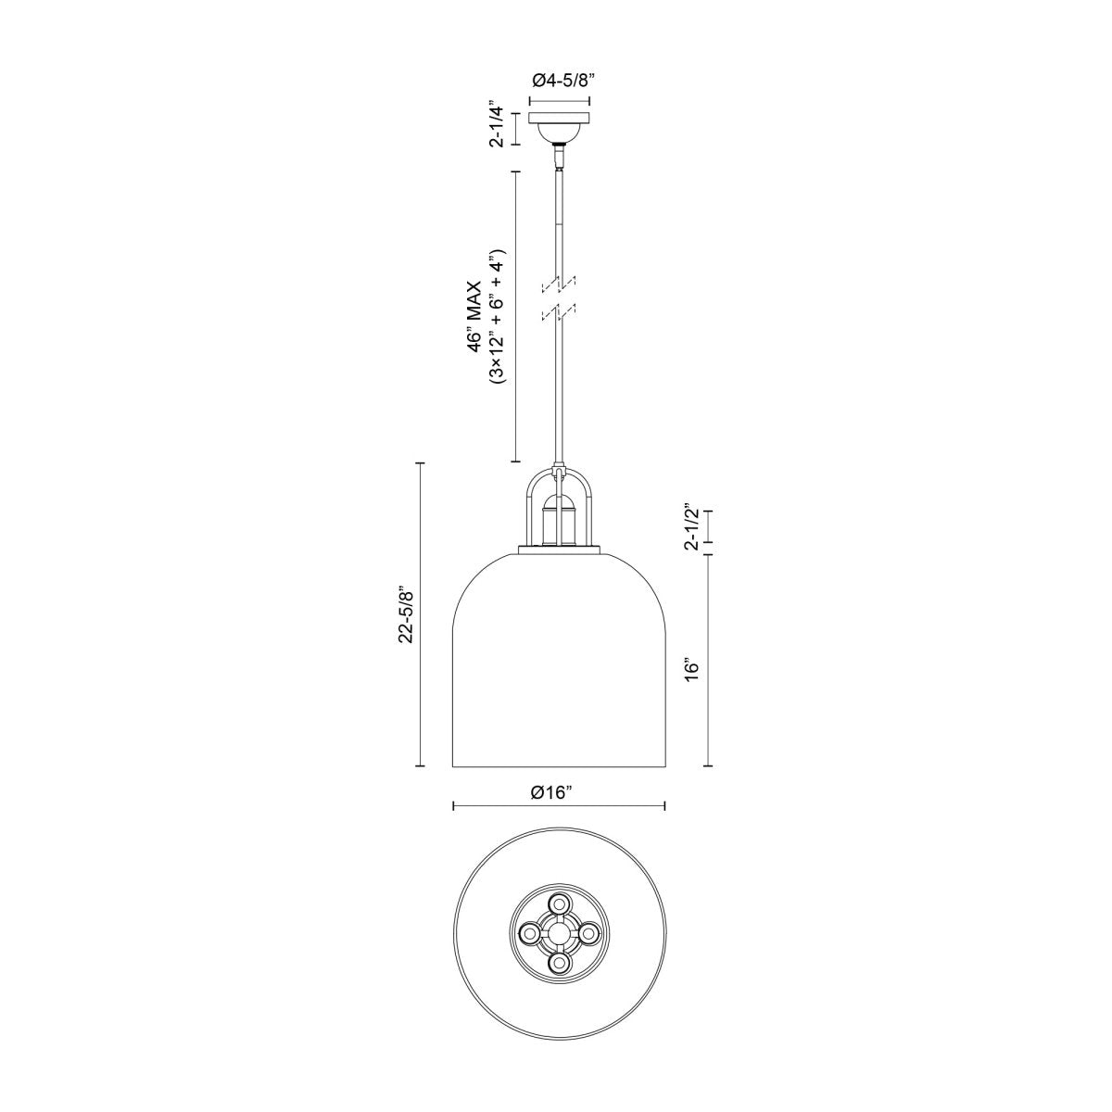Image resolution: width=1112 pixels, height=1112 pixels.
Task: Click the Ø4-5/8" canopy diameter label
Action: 561,81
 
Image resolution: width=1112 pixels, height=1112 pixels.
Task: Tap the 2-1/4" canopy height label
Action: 498,127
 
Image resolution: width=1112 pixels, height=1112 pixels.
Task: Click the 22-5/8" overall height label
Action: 404,613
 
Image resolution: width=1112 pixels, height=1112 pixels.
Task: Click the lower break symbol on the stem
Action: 559,312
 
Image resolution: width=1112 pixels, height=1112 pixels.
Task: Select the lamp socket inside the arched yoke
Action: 559,522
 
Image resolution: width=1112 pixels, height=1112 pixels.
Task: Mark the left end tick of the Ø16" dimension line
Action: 453,806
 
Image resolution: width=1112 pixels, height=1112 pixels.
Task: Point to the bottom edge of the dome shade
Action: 559,766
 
